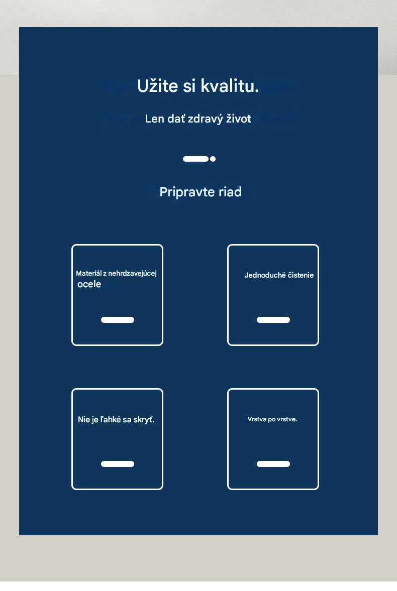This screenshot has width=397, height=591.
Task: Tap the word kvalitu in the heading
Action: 230,85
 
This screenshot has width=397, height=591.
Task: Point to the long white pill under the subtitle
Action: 196,159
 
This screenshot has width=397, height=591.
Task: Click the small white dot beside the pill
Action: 213,159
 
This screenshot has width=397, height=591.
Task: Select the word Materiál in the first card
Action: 88,273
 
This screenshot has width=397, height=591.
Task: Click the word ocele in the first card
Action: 89,284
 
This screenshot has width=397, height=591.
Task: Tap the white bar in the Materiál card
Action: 118,320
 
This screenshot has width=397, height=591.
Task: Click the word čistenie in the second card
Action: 301,275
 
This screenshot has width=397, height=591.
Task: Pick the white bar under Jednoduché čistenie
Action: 273,320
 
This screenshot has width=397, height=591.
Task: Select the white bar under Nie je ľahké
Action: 118,464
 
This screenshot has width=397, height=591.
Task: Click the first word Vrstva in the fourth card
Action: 257,419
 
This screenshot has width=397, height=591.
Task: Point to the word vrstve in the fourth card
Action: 287,419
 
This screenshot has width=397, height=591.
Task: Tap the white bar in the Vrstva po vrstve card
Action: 273,464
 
